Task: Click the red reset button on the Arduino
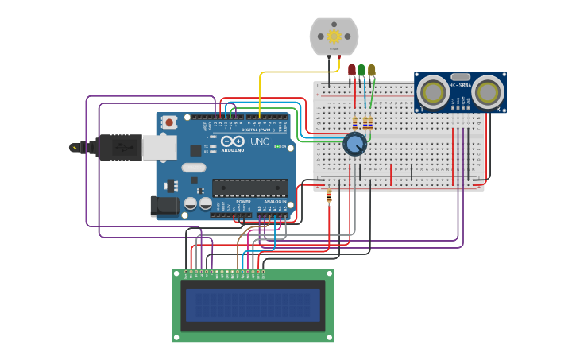point(169,122)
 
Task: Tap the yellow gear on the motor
point(334,36)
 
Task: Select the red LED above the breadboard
point(352,70)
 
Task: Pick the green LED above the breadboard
point(361,70)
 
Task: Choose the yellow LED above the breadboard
point(371,70)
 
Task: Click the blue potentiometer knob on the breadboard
point(354,144)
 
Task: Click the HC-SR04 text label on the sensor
point(460,84)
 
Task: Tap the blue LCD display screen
point(253,305)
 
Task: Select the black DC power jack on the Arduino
point(164,206)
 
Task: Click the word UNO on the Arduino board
point(260,141)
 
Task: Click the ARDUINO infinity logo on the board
point(234,144)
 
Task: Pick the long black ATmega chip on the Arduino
point(249,188)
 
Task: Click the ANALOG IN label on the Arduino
point(275,202)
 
